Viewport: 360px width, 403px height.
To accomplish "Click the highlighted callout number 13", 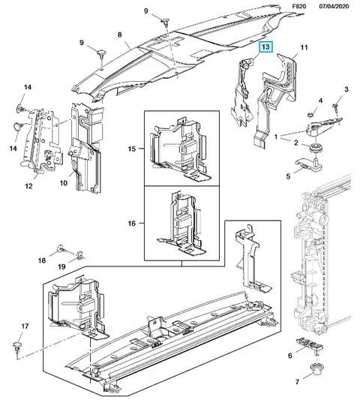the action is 265,47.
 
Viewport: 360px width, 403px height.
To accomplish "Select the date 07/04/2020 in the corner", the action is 334,6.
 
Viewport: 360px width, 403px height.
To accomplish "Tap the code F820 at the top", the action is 299,6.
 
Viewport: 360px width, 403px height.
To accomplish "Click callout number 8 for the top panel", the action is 120,35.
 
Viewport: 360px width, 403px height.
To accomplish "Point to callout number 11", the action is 304,47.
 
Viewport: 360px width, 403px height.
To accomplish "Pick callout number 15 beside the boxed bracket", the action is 132,149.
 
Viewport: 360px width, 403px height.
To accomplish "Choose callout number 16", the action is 132,224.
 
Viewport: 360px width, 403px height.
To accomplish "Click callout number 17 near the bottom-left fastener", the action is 25,326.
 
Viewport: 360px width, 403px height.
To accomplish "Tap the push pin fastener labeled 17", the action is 17,347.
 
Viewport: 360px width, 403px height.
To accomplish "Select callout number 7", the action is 297,382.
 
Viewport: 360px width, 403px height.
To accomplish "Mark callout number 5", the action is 288,176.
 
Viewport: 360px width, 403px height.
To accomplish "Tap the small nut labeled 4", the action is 310,114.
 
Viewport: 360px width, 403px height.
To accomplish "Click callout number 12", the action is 28,186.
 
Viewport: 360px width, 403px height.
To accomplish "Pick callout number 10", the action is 64,182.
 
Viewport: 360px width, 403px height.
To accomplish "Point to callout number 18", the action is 42,260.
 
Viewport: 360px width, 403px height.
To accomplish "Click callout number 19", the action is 61,266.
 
